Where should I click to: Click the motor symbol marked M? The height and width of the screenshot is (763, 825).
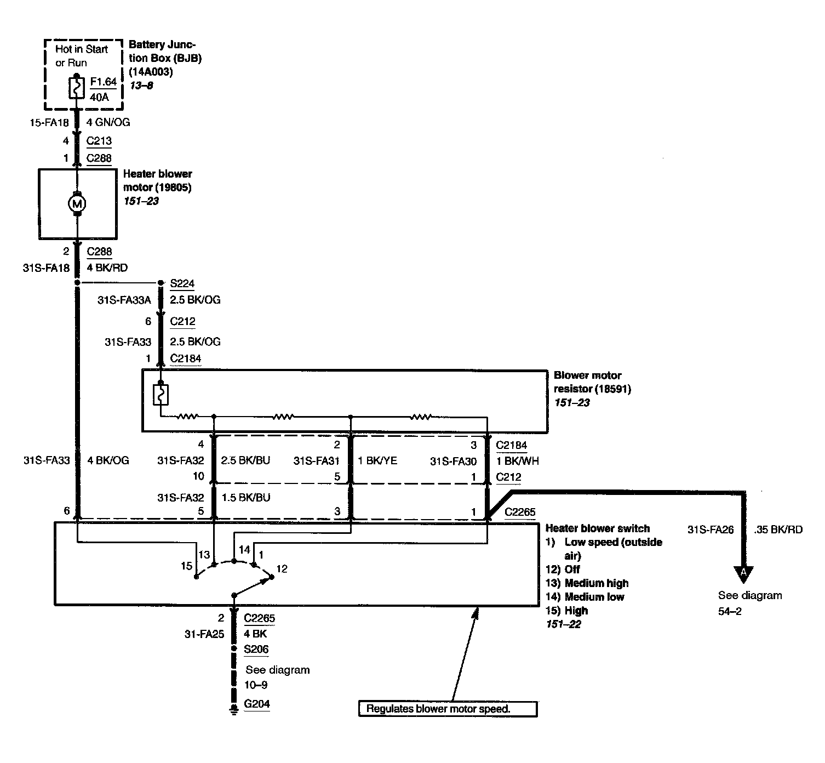coord(77,203)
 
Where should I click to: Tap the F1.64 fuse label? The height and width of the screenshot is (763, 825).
coord(104,82)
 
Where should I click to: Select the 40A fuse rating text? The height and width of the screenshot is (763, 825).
coord(99,98)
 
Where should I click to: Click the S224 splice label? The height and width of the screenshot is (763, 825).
coord(182,283)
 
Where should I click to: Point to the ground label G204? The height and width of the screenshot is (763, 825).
coord(257,704)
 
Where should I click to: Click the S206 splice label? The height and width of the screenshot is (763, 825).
coord(256,649)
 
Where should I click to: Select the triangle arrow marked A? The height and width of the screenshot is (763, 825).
coord(743,574)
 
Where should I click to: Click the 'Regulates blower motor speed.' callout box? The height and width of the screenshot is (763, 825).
coord(448,709)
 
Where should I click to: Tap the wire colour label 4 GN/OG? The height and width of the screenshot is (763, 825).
coord(108,122)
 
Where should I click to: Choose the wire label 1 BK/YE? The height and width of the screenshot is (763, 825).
coord(377,461)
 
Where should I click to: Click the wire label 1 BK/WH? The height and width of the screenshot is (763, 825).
coord(518,461)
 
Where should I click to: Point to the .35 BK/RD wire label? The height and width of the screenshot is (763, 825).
coord(778,529)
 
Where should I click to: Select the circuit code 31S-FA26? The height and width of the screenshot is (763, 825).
coord(711,529)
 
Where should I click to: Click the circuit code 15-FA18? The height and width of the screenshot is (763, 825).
coord(49,123)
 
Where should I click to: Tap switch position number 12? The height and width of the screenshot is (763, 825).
coord(282,568)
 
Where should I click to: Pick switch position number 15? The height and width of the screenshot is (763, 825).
coord(186,566)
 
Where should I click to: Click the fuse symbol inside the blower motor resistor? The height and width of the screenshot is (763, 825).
coord(161,395)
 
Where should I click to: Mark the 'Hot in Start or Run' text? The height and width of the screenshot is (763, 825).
coord(82,56)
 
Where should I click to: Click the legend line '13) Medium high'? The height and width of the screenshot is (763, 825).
coord(587,583)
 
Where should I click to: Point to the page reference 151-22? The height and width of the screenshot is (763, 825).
coord(563,624)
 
